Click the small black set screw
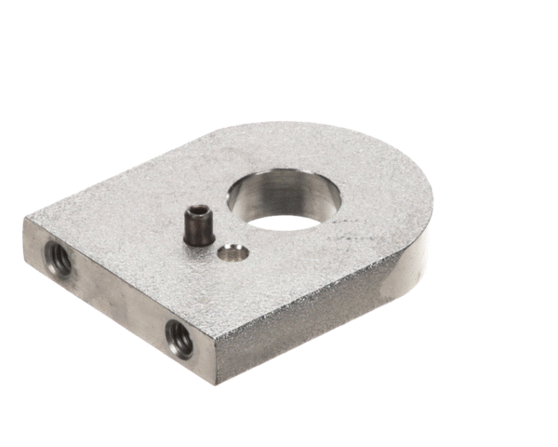(198, 226)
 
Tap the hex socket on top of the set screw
(198, 214)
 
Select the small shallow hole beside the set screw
(233, 251)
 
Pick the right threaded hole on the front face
(179, 338)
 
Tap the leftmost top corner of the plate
(28, 220)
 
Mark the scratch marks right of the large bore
(358, 237)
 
